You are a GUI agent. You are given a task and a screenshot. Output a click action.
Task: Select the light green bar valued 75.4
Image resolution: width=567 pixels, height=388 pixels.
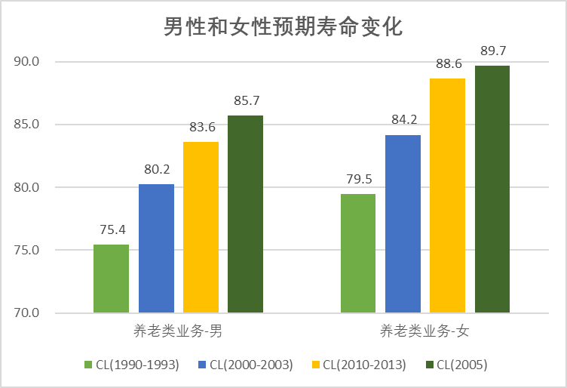[111, 279]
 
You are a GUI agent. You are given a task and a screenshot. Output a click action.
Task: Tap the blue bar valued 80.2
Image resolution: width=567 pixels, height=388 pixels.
[156, 248]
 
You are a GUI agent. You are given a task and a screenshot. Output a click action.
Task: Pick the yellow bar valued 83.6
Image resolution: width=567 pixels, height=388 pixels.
[201, 227]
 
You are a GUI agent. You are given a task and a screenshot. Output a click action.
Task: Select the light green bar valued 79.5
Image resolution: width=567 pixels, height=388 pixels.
[358, 253]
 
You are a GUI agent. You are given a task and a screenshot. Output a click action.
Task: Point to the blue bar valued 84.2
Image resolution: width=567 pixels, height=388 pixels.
[403, 223]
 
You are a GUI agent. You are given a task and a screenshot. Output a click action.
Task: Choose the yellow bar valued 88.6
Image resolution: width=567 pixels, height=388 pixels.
[447, 196]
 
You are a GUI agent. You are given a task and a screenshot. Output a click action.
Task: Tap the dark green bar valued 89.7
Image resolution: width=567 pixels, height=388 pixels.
[492, 189]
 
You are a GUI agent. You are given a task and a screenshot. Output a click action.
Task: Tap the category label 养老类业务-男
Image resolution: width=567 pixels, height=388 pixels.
[178, 331]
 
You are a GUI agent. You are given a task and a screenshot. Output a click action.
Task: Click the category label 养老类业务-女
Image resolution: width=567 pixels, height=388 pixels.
[425, 331]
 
